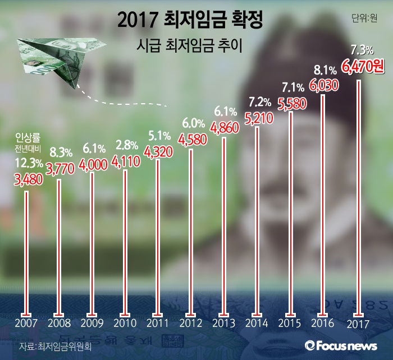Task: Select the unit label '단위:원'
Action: click(x=364, y=18)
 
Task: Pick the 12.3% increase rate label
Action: click(x=28, y=163)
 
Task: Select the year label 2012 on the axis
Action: click(x=191, y=324)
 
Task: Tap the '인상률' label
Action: click(x=26, y=137)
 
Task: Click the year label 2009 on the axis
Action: click(x=92, y=324)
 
